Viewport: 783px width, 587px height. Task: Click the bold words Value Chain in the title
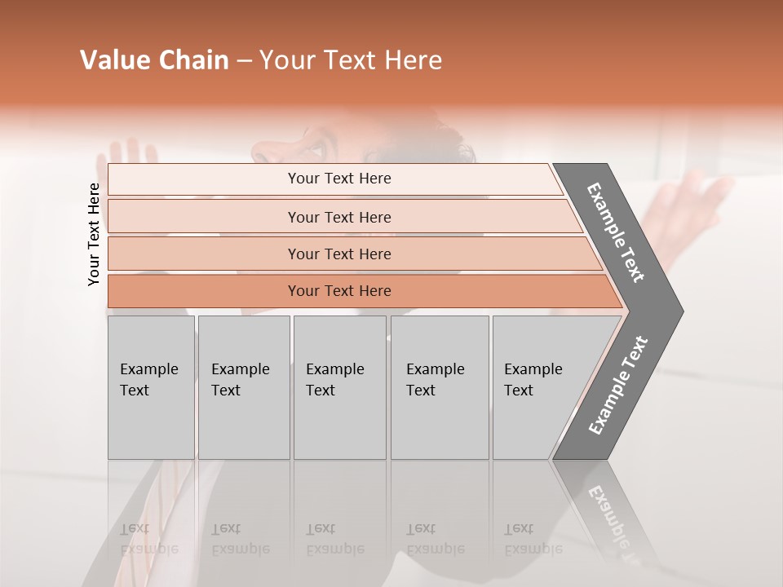tap(154, 60)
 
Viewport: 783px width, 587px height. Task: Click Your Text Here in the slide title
tap(351, 60)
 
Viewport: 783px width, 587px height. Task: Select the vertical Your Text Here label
tap(94, 234)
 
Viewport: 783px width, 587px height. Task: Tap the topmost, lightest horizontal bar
tap(338, 179)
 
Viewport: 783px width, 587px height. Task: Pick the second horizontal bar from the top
tap(338, 217)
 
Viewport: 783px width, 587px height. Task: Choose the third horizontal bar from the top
tap(338, 254)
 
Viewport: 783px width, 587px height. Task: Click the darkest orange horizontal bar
tap(338, 291)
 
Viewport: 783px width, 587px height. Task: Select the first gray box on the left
tap(151, 387)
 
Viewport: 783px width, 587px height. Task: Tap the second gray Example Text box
tap(243, 387)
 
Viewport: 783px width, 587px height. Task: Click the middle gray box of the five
tap(339, 387)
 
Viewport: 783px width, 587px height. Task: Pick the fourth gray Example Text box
tap(439, 387)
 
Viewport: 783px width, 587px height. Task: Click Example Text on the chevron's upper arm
tap(616, 232)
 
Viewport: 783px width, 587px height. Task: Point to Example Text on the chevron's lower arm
tap(618, 386)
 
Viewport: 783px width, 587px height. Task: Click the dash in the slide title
tap(244, 60)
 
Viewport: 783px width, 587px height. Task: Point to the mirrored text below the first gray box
tap(148, 539)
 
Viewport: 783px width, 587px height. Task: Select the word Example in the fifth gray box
tap(533, 369)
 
